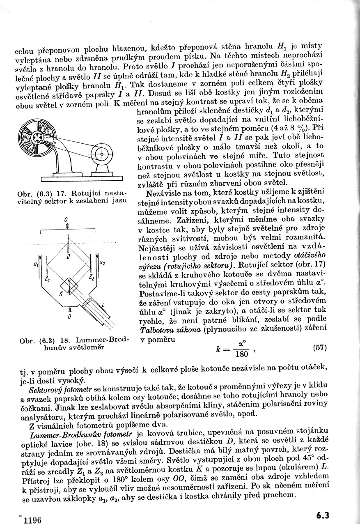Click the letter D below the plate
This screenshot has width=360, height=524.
tap(68, 256)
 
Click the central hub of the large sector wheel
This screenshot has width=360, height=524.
tap(37, 138)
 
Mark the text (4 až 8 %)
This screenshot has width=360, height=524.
tap(290, 127)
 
